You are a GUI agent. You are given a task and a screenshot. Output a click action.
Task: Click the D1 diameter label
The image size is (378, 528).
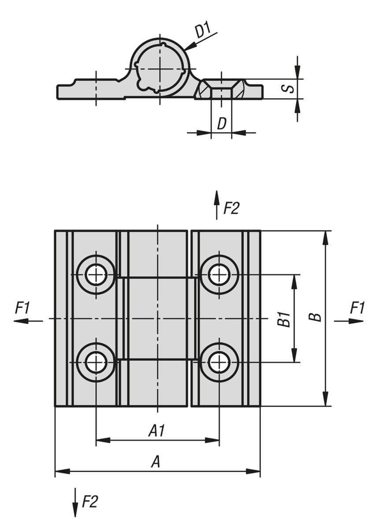[x=204, y=31]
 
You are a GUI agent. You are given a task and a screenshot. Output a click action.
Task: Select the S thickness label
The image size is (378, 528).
[x=288, y=88]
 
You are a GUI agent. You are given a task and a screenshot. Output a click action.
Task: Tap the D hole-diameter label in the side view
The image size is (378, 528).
[x=221, y=124]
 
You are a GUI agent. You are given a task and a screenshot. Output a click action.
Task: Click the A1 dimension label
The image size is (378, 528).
[x=156, y=431]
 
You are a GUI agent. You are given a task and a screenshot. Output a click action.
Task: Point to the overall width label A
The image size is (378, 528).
[x=156, y=462]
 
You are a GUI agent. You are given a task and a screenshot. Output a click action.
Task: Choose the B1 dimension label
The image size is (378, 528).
[x=283, y=319]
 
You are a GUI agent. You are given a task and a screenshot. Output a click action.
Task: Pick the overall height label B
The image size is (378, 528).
[x=315, y=318]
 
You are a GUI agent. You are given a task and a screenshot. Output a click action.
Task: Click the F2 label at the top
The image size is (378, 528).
[x=231, y=208]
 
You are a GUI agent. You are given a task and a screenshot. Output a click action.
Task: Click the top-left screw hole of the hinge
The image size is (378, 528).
[x=96, y=275]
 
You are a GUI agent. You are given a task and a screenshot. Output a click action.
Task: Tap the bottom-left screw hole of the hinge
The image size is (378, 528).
[x=96, y=363]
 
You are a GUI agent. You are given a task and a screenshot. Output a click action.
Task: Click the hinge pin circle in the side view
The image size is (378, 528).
[x=159, y=70]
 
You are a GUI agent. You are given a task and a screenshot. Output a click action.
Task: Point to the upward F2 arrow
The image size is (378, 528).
[x=216, y=205]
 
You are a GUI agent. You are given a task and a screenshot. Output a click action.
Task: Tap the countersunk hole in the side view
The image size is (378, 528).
[x=221, y=89]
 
